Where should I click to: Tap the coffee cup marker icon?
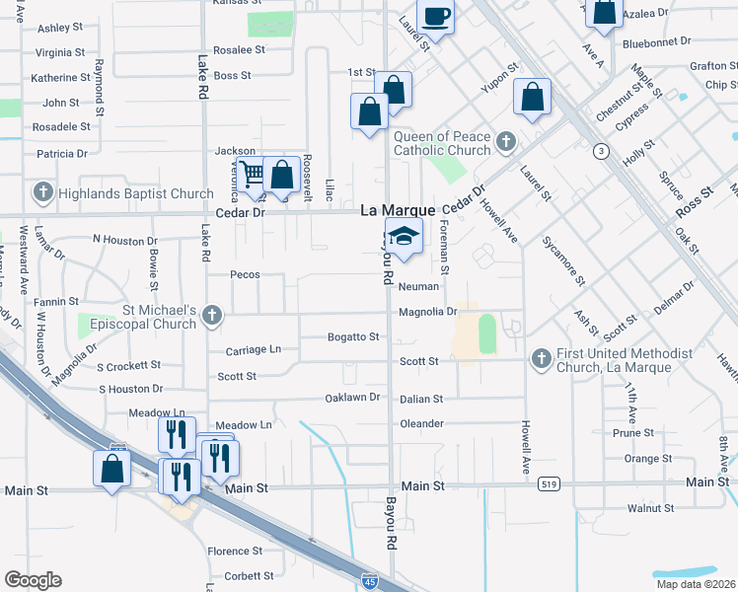(435, 17)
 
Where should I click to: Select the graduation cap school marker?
(403, 237)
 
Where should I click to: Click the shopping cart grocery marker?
(254, 176)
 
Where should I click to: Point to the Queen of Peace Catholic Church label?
(442, 144)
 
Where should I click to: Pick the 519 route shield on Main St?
(550, 484)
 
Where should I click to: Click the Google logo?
(33, 579)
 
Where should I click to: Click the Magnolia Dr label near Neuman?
(428, 312)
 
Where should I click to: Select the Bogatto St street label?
(353, 337)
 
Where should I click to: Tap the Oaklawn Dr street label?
(352, 398)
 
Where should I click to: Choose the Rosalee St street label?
(240, 49)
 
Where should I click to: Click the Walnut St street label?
(650, 509)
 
